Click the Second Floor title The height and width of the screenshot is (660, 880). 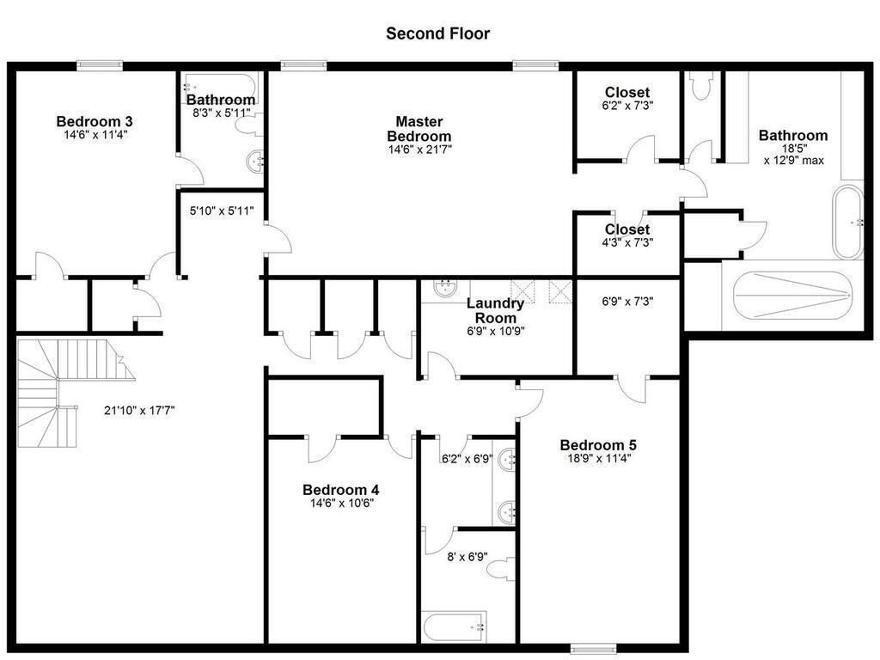(x=437, y=34)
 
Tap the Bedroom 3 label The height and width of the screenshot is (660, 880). (x=94, y=121)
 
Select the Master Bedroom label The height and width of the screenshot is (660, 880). (x=419, y=129)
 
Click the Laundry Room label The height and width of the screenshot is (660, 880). (x=495, y=310)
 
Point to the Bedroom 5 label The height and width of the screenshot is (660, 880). (x=597, y=445)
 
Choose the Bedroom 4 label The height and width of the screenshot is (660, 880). (x=341, y=490)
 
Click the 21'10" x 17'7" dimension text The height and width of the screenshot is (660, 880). (x=139, y=411)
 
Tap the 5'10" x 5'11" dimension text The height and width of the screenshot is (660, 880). (x=221, y=210)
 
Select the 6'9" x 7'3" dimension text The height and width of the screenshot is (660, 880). (x=627, y=302)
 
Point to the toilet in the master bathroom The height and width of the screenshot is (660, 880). (x=700, y=86)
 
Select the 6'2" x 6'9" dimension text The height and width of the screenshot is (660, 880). (x=467, y=459)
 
